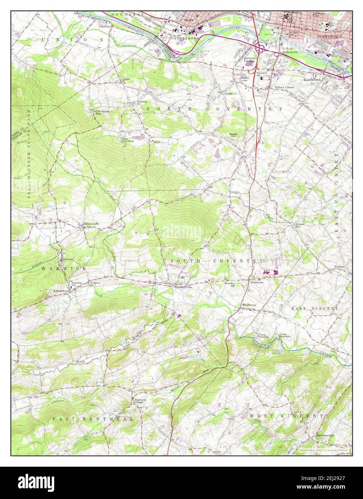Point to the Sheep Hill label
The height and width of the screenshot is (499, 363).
[x=233, y=135]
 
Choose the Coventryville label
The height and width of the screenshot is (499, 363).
[x=183, y=287]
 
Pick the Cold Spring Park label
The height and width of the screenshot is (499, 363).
[x=102, y=112]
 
